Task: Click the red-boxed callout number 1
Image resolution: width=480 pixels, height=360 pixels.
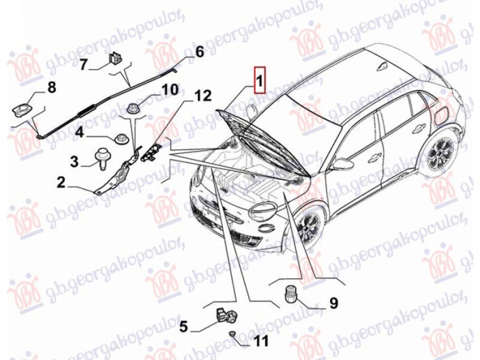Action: click(x=260, y=80)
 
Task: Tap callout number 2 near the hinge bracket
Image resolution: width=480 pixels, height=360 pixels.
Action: click(x=61, y=183)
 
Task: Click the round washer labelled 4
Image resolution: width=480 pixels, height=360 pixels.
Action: click(x=120, y=138)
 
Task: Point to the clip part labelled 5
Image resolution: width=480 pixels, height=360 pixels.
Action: click(x=227, y=317)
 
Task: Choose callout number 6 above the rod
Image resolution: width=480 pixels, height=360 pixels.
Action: click(x=199, y=52)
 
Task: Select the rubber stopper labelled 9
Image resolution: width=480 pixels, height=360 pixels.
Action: click(x=290, y=294)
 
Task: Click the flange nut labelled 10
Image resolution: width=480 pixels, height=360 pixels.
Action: click(x=133, y=109)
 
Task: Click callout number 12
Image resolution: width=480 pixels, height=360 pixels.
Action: click(x=202, y=96)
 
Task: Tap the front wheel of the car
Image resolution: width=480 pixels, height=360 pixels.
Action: click(x=307, y=227)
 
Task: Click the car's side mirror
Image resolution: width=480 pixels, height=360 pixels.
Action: click(x=341, y=165)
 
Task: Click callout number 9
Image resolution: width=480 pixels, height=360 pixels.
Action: click(x=333, y=303)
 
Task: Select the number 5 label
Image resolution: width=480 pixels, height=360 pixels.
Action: click(x=183, y=326)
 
